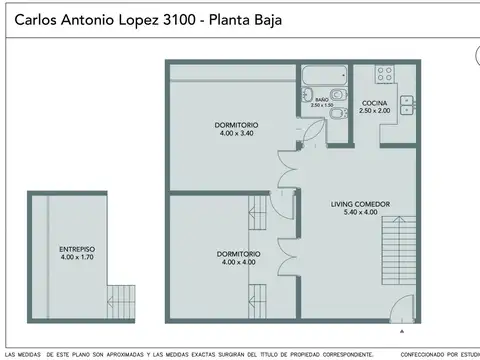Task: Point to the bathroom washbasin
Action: coord(306,96)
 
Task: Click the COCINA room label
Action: coord(375,102)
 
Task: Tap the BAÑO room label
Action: coord(322,100)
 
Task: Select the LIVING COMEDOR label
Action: coord(360,204)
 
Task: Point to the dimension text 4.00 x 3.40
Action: coord(235,132)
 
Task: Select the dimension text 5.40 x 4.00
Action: coord(360,213)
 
